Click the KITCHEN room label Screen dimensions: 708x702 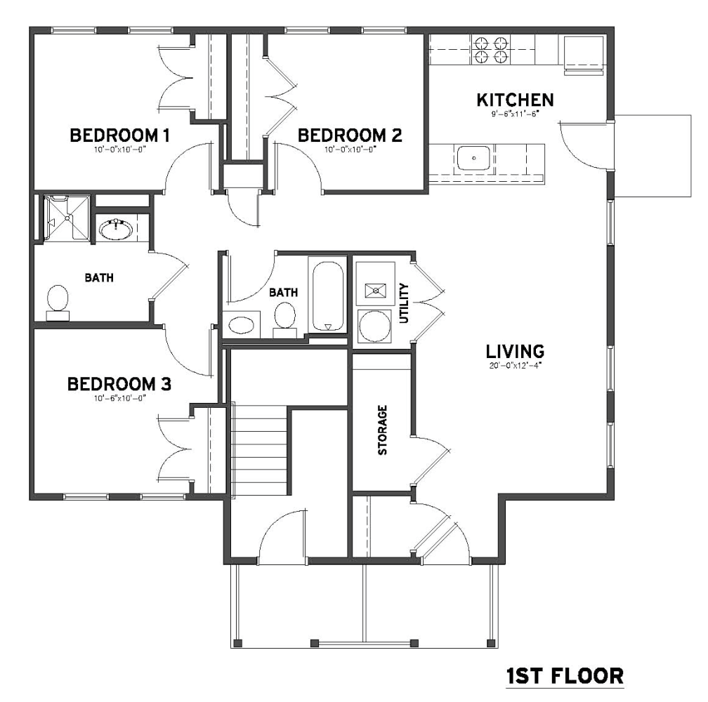click(x=516, y=100)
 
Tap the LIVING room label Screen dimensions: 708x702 click(x=516, y=352)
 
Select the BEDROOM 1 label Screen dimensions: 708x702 click(x=119, y=135)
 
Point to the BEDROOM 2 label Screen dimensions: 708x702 click(x=350, y=135)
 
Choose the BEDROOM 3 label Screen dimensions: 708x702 click(x=119, y=385)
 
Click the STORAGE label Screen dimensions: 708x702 click(x=382, y=430)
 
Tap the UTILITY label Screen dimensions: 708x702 click(x=404, y=303)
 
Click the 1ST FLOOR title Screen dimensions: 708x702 click(x=565, y=677)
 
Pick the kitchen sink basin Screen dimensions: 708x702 click(x=473, y=159)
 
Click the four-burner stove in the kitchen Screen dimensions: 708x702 click(x=490, y=50)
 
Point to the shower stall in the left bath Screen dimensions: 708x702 click(x=67, y=218)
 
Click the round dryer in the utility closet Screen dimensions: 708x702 click(x=375, y=326)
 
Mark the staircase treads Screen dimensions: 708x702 click(x=260, y=449)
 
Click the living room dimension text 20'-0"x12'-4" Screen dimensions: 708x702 click(x=516, y=366)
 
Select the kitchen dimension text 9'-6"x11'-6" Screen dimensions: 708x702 click(x=516, y=114)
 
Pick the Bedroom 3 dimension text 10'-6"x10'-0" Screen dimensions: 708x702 click(x=119, y=398)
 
